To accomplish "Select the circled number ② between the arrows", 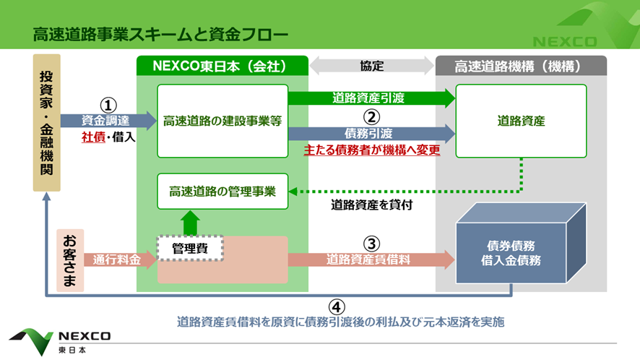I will tap(371, 116).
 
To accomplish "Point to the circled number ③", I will tap(371, 244).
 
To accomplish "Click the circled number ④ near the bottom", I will tap(335, 305).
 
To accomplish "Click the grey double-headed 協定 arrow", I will tap(371, 66).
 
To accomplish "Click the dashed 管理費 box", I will tap(190, 248).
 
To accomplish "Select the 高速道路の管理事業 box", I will tap(222, 192).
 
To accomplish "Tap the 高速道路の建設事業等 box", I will tap(222, 121).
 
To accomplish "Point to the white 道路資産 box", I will tap(521, 121).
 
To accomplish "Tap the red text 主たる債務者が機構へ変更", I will tap(371, 151).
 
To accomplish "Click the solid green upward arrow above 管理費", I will tap(191, 221).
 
